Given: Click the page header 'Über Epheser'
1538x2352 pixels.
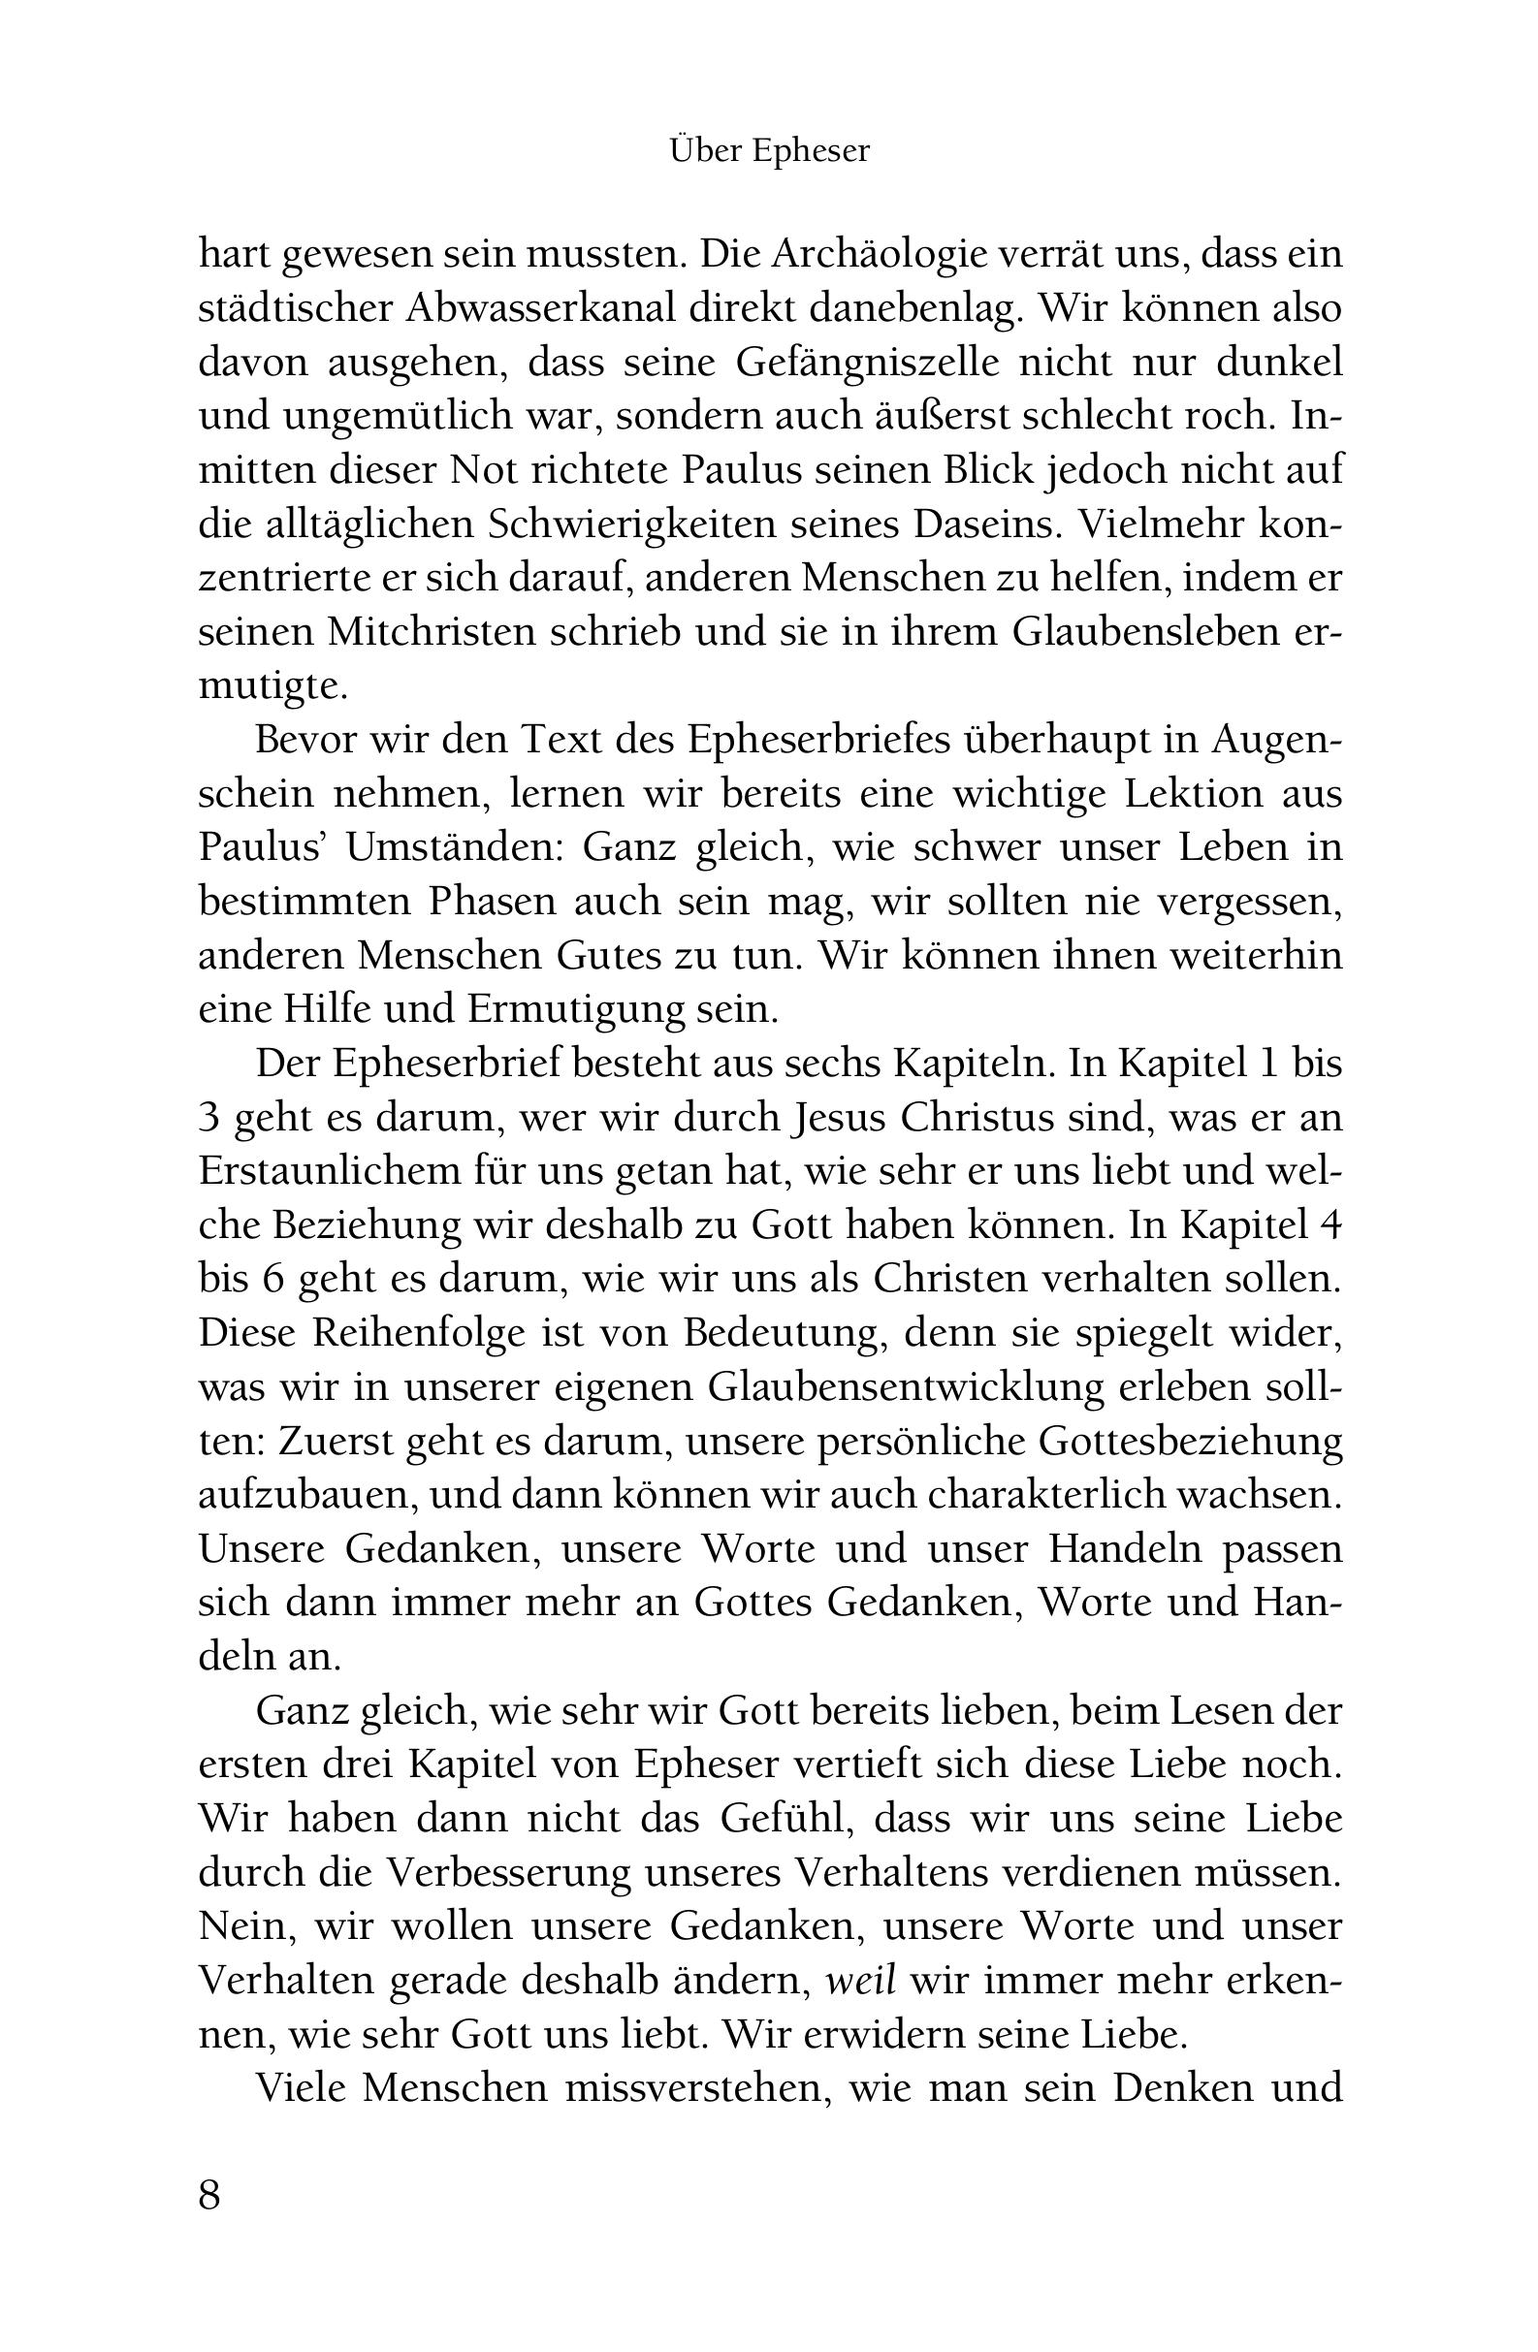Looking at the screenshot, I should (x=769, y=151).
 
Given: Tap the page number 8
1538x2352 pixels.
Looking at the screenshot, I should (x=209, y=2194).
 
